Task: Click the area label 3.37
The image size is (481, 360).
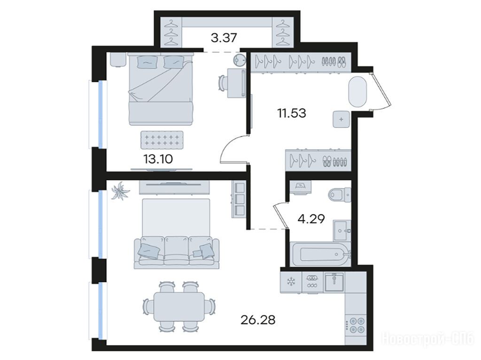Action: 224,38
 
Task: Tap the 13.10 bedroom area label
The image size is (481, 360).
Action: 158,159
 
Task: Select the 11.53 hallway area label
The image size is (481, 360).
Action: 292,113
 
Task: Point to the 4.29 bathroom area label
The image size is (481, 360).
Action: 311,219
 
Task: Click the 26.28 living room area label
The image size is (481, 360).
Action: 258,320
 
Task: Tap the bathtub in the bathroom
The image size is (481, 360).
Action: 320,254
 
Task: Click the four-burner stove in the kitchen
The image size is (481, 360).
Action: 356,325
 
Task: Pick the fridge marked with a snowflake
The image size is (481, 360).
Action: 291,282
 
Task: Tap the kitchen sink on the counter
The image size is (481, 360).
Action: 334,282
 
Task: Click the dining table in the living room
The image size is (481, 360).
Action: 179,306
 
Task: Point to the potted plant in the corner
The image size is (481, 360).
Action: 121,191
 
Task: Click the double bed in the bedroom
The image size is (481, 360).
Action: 161,89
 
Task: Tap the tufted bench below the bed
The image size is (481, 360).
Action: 162,140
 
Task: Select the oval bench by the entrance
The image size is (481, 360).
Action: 357,92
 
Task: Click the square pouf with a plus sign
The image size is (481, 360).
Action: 341,119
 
